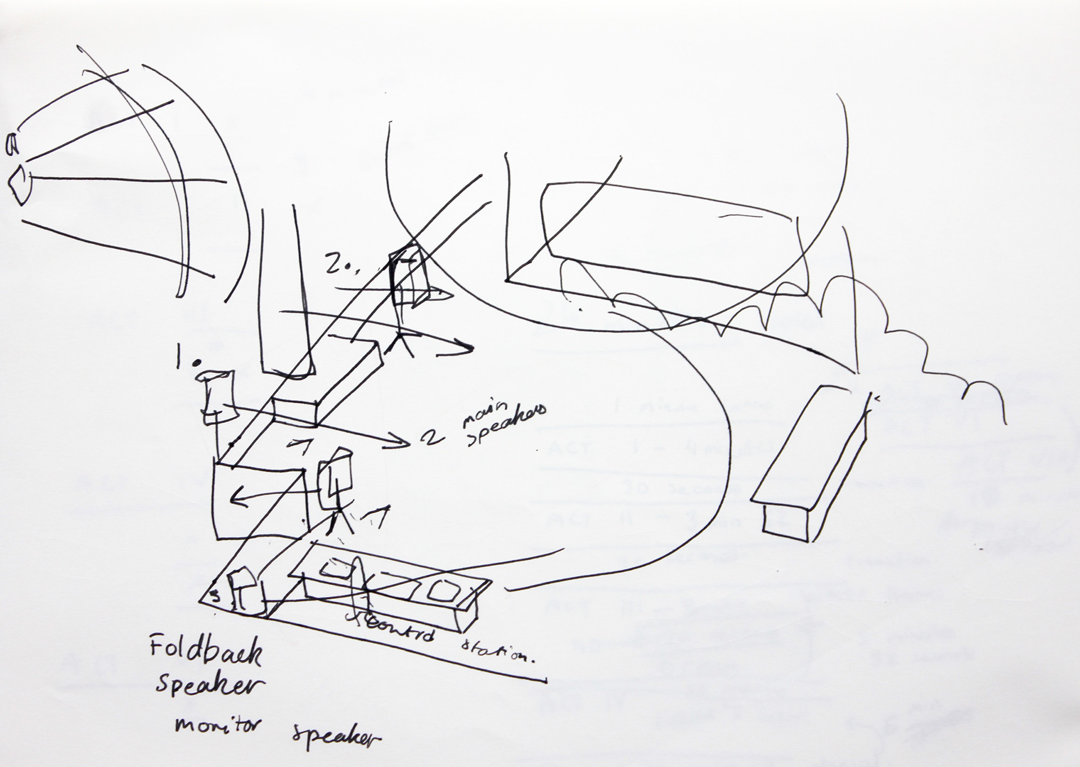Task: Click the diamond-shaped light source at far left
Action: pyautogui.click(x=19, y=184)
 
